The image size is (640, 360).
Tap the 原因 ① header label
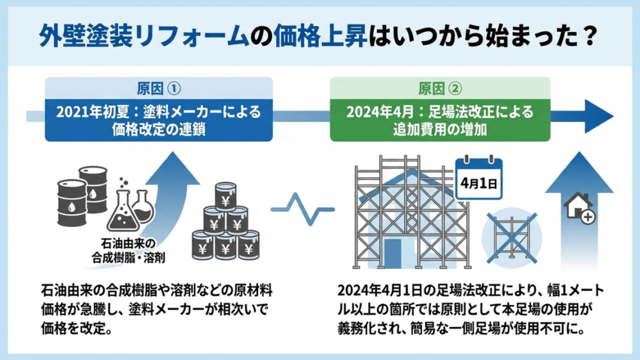tap(159, 86)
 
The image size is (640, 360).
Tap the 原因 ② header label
tap(439, 86)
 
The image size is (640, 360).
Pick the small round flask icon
tap(143, 206)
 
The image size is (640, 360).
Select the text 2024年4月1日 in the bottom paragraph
tap(375, 292)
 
